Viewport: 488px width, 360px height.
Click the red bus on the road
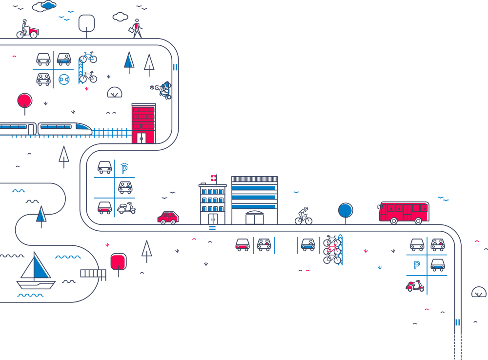click(x=404, y=212)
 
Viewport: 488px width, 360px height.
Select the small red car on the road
click(x=168, y=217)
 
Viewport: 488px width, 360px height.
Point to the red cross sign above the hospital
click(x=213, y=179)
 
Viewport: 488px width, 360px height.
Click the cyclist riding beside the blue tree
click(x=303, y=215)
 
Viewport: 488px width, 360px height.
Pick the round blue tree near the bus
click(x=346, y=210)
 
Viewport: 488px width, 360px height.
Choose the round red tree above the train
click(x=23, y=101)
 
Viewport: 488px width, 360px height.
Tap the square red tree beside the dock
click(x=118, y=262)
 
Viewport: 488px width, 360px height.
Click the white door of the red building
click(x=141, y=138)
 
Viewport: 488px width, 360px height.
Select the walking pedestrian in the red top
click(x=137, y=28)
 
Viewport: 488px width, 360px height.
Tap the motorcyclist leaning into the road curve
click(x=165, y=89)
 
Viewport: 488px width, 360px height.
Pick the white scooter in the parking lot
click(x=126, y=209)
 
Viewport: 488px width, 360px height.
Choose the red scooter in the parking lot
click(x=415, y=286)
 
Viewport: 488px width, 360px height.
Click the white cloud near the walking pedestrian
click(x=120, y=17)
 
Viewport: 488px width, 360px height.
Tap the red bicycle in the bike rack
click(x=333, y=251)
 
